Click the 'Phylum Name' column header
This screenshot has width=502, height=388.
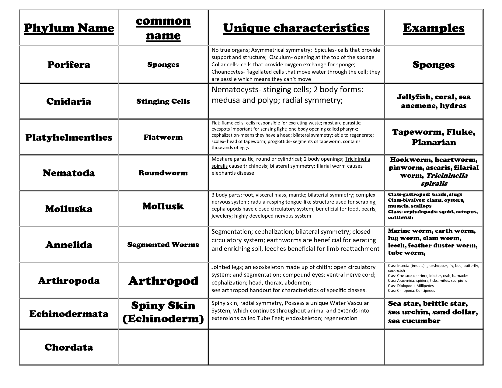69,28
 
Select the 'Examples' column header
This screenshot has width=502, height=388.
434,28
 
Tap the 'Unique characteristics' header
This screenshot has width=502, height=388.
296,28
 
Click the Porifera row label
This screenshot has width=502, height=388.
69,65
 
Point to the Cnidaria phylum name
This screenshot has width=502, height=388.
69,101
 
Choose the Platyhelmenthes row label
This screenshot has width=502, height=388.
69,137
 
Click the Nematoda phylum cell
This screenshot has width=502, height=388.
69,173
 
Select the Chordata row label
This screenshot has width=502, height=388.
69,347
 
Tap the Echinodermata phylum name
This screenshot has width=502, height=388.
69,314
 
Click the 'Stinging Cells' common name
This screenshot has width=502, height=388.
163,101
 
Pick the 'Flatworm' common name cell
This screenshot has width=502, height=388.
163,137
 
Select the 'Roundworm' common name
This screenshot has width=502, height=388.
163,173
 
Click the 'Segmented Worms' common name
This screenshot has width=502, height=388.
163,245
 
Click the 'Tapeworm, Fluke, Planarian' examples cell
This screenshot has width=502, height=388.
434,137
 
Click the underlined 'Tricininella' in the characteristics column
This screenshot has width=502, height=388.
357,159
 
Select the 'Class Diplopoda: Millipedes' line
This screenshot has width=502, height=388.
406,285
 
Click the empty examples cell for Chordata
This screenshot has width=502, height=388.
434,347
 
